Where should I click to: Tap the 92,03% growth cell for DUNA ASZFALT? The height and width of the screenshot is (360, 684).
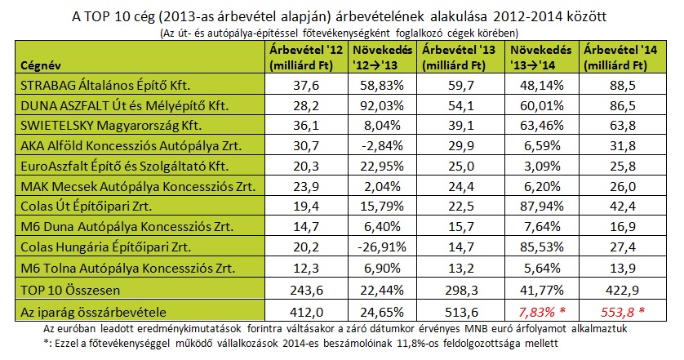tap(380, 106)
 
